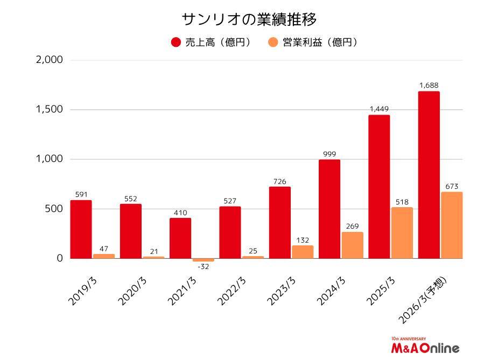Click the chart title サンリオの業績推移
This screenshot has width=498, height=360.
point(249,19)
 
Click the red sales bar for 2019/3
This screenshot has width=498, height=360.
point(81,229)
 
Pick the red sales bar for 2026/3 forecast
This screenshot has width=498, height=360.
point(429,175)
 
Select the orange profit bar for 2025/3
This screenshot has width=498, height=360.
point(402,233)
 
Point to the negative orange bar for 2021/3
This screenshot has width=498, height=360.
point(203,260)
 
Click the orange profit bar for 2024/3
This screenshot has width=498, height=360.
point(352,245)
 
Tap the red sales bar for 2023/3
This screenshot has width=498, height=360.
point(279,222)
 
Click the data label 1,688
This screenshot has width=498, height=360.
point(429,85)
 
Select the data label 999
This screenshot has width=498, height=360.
point(329,153)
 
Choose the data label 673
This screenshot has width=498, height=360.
point(451,186)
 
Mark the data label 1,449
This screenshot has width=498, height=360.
point(379,109)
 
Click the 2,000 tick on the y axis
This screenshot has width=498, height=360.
point(49,60)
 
